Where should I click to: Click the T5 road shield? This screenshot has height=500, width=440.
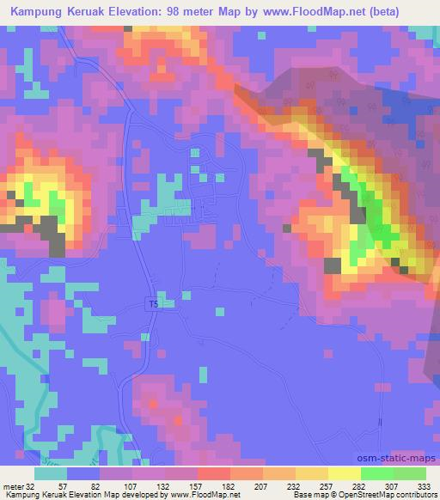(x=154, y=303)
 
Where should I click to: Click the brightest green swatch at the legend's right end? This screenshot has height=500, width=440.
(x=409, y=473)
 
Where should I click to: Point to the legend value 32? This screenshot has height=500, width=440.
(x=34, y=485)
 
